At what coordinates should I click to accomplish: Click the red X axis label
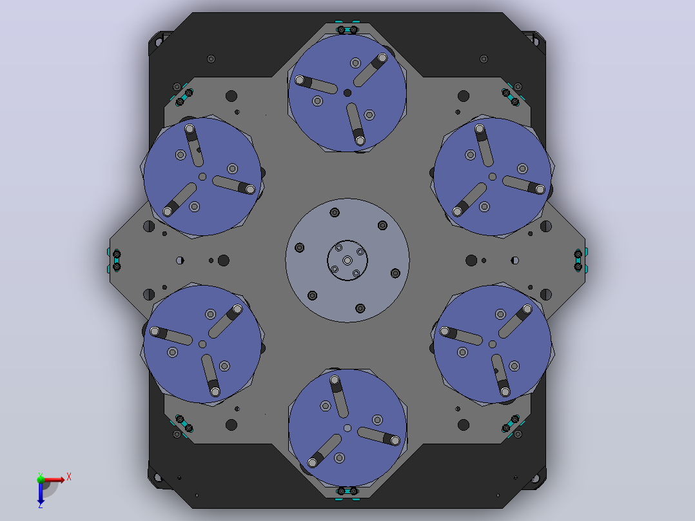point(69,477)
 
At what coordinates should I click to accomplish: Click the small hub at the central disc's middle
point(347,260)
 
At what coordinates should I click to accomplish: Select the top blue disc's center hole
point(347,93)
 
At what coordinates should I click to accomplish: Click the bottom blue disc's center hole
point(347,428)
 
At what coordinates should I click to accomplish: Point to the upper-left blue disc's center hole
point(202,177)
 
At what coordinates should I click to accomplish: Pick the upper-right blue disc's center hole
point(493,177)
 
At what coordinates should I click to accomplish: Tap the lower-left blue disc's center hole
point(202,344)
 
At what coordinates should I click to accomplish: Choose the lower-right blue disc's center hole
point(493,344)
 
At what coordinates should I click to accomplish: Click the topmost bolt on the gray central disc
point(335,213)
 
